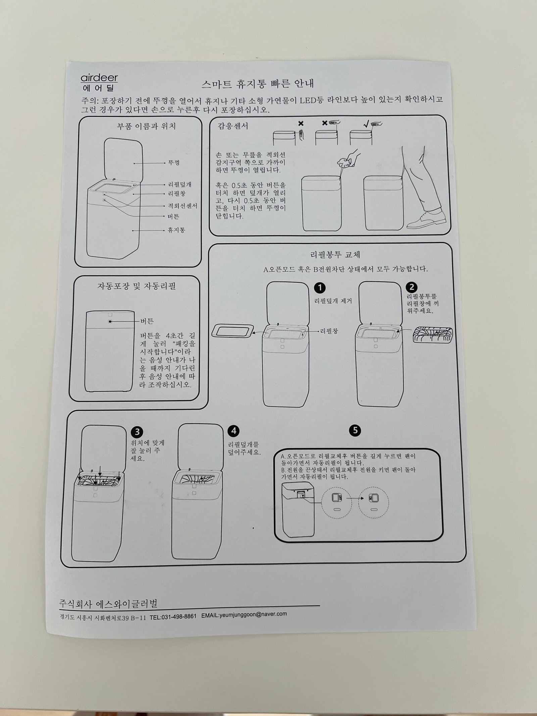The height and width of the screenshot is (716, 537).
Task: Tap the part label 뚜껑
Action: pyautogui.click(x=174, y=163)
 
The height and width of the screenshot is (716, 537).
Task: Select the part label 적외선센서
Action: pyautogui.click(x=182, y=206)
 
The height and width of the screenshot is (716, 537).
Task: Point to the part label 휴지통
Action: pyautogui.click(x=177, y=230)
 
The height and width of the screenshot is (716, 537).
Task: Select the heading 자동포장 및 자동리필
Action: pyautogui.click(x=137, y=286)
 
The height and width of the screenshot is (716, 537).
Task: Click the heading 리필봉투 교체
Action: pyautogui.click(x=335, y=255)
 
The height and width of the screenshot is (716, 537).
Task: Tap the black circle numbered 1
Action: pyautogui.click(x=320, y=287)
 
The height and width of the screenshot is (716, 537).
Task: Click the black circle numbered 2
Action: pyautogui.click(x=411, y=287)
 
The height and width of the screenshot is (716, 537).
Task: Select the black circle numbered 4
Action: pyautogui.click(x=233, y=431)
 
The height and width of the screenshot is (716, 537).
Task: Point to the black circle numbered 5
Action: pyautogui.click(x=355, y=430)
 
